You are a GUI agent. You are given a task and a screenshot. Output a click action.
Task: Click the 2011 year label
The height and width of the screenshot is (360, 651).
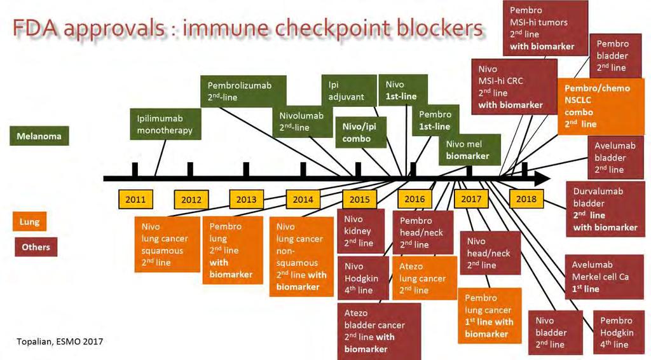[x=135, y=199]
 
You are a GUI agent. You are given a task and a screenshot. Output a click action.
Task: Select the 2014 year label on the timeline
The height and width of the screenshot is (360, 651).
[x=303, y=199]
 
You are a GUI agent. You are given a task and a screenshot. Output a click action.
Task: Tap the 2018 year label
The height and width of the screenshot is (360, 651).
[x=526, y=199]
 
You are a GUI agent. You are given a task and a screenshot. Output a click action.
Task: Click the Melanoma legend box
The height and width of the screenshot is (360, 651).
[x=39, y=135]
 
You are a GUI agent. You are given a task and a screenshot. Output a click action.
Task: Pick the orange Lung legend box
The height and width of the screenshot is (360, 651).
[x=29, y=222]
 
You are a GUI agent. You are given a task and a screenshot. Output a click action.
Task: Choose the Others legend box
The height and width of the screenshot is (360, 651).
[x=36, y=247]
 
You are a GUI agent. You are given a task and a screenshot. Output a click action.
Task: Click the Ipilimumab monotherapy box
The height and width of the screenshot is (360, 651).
[x=165, y=124]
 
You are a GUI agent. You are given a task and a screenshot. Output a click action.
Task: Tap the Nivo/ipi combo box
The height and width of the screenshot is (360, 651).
[x=361, y=132]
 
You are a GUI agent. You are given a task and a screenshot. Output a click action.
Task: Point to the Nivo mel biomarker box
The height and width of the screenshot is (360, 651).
[x=470, y=150]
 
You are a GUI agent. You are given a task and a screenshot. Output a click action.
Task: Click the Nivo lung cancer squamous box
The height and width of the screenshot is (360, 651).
[x=167, y=245]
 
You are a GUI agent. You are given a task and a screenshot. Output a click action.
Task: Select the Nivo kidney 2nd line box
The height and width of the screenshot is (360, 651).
[x=360, y=231]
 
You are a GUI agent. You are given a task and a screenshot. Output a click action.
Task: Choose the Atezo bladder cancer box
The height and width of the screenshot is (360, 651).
[x=379, y=331]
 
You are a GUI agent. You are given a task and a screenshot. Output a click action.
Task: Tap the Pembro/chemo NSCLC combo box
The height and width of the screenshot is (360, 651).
[x=600, y=106]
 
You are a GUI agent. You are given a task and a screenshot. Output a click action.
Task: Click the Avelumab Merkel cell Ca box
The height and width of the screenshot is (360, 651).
[x=605, y=277]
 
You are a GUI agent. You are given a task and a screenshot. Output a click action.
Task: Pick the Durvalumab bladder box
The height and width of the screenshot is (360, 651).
[x=605, y=209]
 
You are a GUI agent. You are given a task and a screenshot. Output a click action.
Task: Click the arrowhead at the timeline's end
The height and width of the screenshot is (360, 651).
[x=542, y=179]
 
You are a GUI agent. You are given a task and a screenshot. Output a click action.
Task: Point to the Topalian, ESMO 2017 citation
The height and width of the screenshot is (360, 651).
[x=60, y=342]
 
